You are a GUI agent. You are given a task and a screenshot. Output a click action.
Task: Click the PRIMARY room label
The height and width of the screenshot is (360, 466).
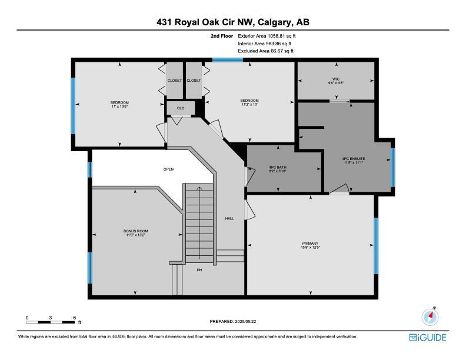(x=311, y=244)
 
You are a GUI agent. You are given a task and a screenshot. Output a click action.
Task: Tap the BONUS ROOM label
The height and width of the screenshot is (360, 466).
(x=136, y=231)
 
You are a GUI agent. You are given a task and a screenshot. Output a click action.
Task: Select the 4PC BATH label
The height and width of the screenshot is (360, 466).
(x=278, y=167)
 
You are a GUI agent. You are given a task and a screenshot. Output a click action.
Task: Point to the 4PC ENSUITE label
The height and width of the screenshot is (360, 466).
(x=354, y=159)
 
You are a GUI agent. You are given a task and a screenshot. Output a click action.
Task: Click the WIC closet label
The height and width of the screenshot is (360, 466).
(x=336, y=79)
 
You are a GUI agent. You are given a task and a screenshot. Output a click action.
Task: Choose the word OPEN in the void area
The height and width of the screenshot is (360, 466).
(x=168, y=169)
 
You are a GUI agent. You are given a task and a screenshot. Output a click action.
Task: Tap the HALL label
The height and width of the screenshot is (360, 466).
(x=229, y=218)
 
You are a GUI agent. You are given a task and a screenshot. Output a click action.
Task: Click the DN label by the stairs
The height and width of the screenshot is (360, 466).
(x=199, y=270)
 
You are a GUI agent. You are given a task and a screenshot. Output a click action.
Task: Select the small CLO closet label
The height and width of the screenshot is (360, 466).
(x=181, y=108)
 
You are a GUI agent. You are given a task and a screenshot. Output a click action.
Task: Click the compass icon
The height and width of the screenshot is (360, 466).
(x=430, y=316)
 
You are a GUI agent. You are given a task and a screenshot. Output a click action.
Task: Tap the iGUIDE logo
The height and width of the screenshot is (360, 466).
(x=428, y=338)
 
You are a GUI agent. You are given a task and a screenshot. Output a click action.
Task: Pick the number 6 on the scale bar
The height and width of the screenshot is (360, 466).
(x=75, y=318)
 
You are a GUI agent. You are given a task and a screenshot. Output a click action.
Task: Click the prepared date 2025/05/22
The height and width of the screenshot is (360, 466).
(x=245, y=321)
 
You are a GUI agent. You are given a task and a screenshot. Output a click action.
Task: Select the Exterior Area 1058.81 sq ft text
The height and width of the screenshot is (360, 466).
(x=267, y=36)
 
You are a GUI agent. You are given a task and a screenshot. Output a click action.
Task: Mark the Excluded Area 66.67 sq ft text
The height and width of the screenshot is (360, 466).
(x=266, y=51)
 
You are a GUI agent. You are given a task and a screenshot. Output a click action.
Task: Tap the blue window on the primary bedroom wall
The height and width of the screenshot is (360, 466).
(x=376, y=246)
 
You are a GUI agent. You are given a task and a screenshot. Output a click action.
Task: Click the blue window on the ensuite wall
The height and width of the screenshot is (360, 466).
(x=393, y=168)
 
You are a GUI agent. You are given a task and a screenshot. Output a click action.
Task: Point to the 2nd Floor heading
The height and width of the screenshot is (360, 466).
(x=222, y=36)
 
